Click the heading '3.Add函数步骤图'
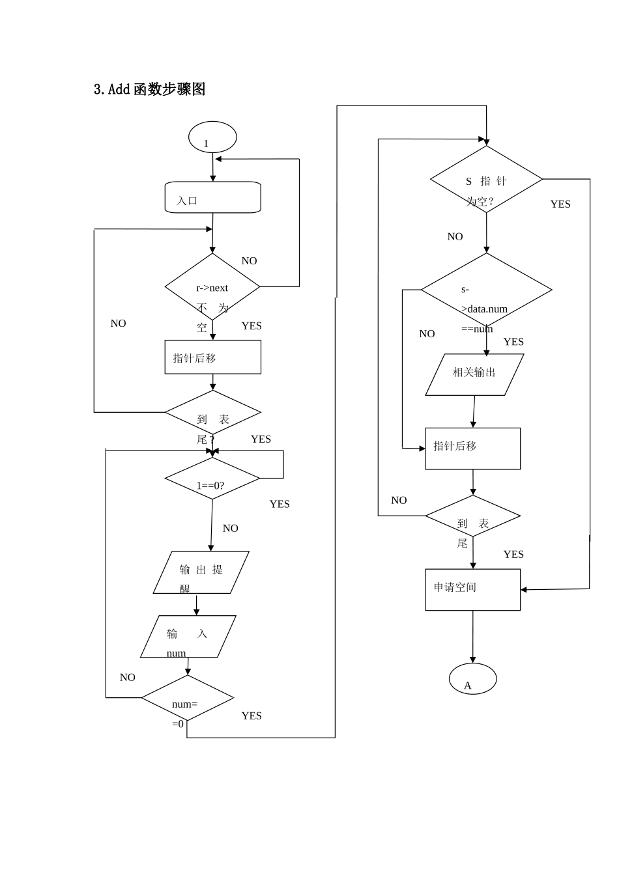pos(150,90)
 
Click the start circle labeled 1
pos(212,138)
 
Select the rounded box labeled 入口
pos(212,197)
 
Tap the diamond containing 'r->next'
pos(212,286)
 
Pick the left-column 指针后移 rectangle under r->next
pos(212,357)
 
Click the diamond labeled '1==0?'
pos(212,479)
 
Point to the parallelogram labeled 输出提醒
pos(201,572)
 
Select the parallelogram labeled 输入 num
pos(188,636)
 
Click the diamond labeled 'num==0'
pos(187,698)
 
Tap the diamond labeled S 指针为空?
pos(486,179)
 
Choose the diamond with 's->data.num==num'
pos(486,290)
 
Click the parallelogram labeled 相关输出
pos(474,374)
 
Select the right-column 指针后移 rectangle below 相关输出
pos(472,448)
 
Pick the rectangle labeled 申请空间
pos(472,589)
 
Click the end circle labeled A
pos(472,679)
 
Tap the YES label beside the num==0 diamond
pos(252,715)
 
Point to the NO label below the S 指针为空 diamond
pos(455,237)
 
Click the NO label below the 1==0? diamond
pos(230,529)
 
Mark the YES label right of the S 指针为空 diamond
pos(560,204)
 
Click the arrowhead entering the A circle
pos(472,660)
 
